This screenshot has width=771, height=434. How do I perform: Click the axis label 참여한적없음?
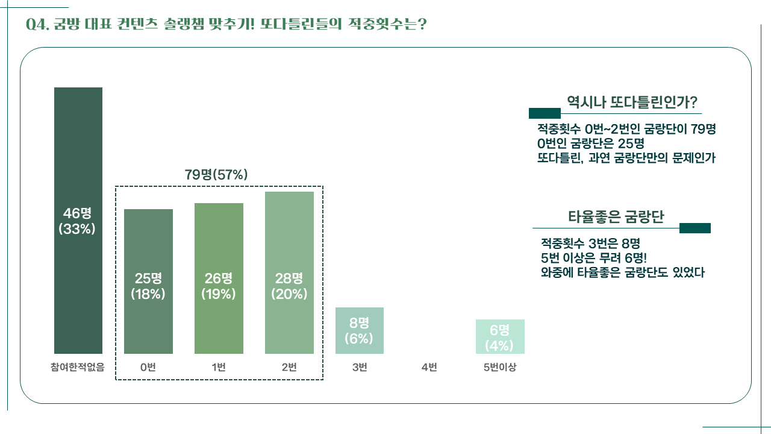tap(78, 367)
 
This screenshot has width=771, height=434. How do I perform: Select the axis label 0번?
tap(148, 367)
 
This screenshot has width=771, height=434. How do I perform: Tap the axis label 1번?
tap(219, 367)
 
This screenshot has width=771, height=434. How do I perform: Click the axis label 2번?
tap(289, 367)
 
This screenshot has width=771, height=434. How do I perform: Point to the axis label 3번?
tap(360, 367)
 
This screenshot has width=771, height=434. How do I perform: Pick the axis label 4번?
tap(429, 367)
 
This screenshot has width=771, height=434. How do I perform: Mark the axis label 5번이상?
tap(499, 367)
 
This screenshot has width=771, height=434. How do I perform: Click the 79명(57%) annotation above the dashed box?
tap(216, 175)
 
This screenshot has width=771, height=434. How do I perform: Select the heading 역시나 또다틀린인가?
tap(631, 102)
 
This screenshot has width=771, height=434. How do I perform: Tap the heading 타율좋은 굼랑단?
tap(616, 217)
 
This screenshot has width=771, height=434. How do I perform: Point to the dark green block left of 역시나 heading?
tap(545, 113)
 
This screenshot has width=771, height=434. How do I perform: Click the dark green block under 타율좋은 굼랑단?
tap(695, 228)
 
